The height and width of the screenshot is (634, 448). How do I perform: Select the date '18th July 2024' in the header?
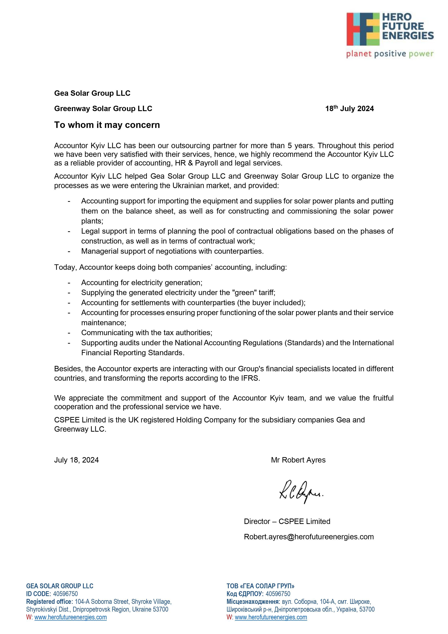point(349,109)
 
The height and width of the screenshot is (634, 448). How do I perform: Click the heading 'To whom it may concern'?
point(107,125)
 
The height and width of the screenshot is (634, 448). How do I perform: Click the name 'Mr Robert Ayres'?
point(298,460)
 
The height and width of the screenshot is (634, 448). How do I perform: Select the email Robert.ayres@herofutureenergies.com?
point(309,537)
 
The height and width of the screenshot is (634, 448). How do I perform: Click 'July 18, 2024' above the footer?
point(76,460)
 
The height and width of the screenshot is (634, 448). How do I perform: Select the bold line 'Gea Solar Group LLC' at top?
point(92,93)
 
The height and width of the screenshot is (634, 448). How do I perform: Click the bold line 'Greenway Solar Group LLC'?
point(103,109)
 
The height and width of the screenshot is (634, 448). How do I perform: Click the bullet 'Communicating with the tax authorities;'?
point(147,332)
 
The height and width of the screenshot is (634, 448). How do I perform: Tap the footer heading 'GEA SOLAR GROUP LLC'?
point(60,586)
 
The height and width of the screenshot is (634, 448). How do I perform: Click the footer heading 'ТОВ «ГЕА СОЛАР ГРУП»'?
point(260,586)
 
